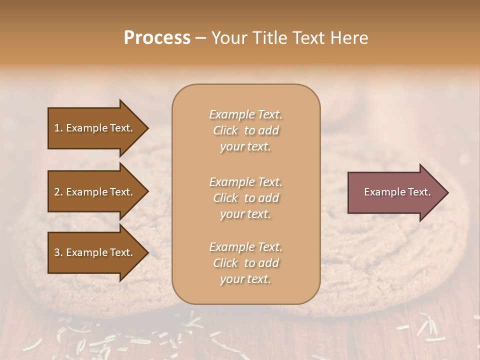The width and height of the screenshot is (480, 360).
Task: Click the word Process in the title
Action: [x=157, y=38]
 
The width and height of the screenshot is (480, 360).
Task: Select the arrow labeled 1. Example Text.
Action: [x=95, y=128]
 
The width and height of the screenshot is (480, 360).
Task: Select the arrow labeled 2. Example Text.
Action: [x=95, y=192]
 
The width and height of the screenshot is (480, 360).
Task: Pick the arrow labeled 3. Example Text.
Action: [x=95, y=252]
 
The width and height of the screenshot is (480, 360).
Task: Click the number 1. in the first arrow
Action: [x=58, y=128]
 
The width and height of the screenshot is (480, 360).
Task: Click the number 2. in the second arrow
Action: [x=58, y=192]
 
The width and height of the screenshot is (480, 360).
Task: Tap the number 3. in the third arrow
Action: [x=58, y=252]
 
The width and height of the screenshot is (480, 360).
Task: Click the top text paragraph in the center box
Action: [x=245, y=130]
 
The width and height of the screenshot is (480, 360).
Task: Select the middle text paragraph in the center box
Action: [x=245, y=198]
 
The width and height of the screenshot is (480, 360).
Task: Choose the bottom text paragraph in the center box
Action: [x=245, y=263]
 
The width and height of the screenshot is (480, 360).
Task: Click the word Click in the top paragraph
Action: [x=225, y=130]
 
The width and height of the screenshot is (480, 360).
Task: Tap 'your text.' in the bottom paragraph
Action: [x=245, y=279]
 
